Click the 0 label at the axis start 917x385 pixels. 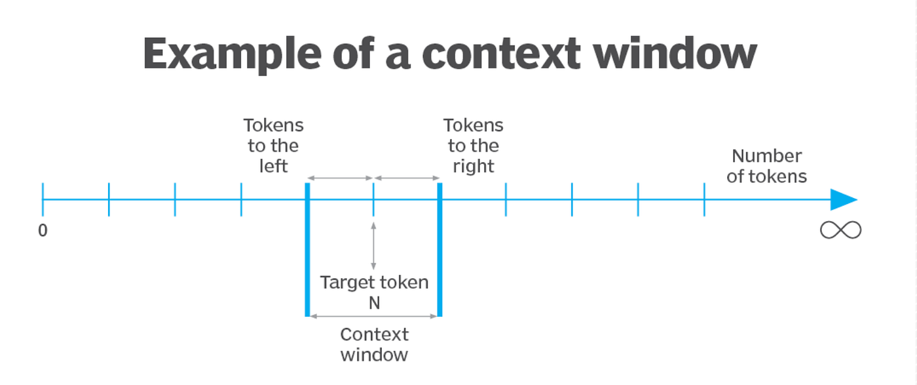(x=43, y=231)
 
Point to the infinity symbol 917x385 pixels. (x=840, y=230)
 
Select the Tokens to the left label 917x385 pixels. (x=273, y=146)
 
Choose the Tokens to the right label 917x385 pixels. (x=473, y=146)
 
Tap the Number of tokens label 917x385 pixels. (x=766, y=166)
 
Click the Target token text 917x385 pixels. (x=374, y=283)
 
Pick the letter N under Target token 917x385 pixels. (x=374, y=304)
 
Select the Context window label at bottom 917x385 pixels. (x=374, y=344)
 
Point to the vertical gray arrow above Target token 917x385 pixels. (x=373, y=246)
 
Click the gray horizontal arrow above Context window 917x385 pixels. (x=373, y=316)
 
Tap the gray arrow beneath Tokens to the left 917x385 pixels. (x=340, y=178)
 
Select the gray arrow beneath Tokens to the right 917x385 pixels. (x=407, y=178)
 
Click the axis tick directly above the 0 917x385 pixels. (x=43, y=199)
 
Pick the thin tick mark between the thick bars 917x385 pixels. (x=373, y=199)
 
